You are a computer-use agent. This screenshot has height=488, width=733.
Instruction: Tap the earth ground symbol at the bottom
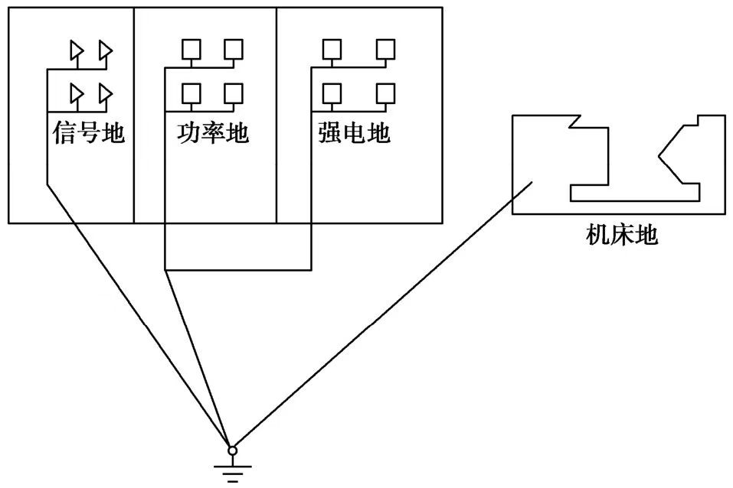(x=233, y=468)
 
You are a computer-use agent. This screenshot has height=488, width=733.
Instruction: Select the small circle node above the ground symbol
(x=233, y=451)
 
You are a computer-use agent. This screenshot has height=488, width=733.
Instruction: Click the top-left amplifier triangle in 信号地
(x=77, y=50)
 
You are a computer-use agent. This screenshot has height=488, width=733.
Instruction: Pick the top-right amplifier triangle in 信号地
(x=106, y=50)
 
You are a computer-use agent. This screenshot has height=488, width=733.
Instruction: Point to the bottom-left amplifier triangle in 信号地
(x=77, y=93)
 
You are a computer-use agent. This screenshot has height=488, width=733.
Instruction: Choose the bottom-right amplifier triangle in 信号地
(x=106, y=93)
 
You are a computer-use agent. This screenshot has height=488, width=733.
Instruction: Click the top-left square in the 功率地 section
(x=190, y=50)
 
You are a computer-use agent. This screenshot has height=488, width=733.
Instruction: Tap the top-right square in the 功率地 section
(x=233, y=50)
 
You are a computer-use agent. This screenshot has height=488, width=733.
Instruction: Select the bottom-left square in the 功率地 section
(x=190, y=93)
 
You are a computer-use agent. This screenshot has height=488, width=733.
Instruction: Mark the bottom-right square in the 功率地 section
(x=233, y=93)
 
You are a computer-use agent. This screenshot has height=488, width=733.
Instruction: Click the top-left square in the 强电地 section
(x=332, y=50)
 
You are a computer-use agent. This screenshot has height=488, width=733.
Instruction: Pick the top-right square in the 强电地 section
(x=386, y=50)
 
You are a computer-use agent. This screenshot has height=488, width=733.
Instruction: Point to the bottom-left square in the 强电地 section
(x=332, y=93)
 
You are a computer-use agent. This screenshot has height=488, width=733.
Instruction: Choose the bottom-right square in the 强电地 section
(x=386, y=93)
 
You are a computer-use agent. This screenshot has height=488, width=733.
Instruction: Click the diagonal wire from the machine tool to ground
(x=383, y=315)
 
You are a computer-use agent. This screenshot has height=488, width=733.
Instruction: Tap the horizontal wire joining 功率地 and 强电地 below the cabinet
(x=237, y=269)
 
